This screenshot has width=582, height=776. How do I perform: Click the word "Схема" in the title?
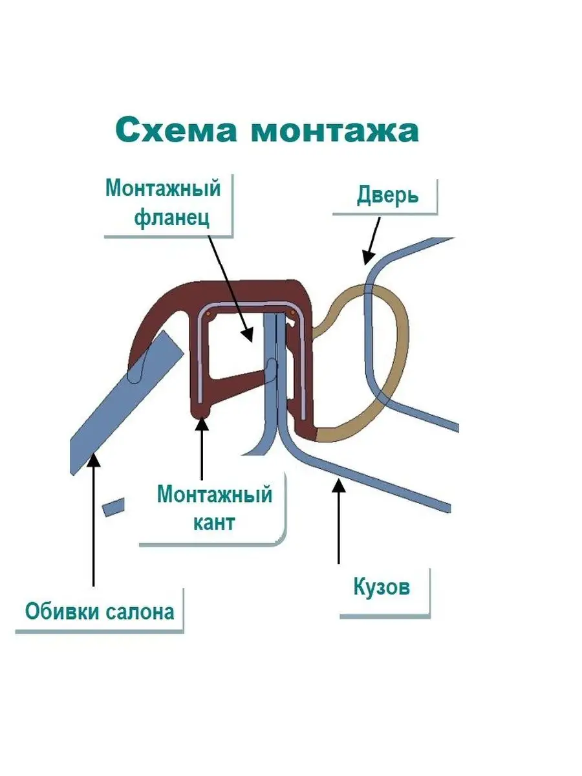pyautogui.click(x=177, y=131)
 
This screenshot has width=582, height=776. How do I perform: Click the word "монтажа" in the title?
pyautogui.click(x=334, y=131)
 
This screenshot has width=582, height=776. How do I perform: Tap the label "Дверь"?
pyautogui.click(x=387, y=195)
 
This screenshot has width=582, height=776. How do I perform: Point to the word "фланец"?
pyautogui.click(x=171, y=219)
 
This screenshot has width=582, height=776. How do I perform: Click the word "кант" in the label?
pyautogui.click(x=214, y=523)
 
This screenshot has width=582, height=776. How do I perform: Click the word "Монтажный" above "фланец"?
pyautogui.click(x=163, y=189)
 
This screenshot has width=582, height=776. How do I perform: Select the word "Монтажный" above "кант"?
pyautogui.click(x=214, y=496)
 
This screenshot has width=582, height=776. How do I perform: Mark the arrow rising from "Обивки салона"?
pyautogui.click(x=94, y=517)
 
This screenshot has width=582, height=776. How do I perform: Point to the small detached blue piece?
pyautogui.click(x=113, y=506)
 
